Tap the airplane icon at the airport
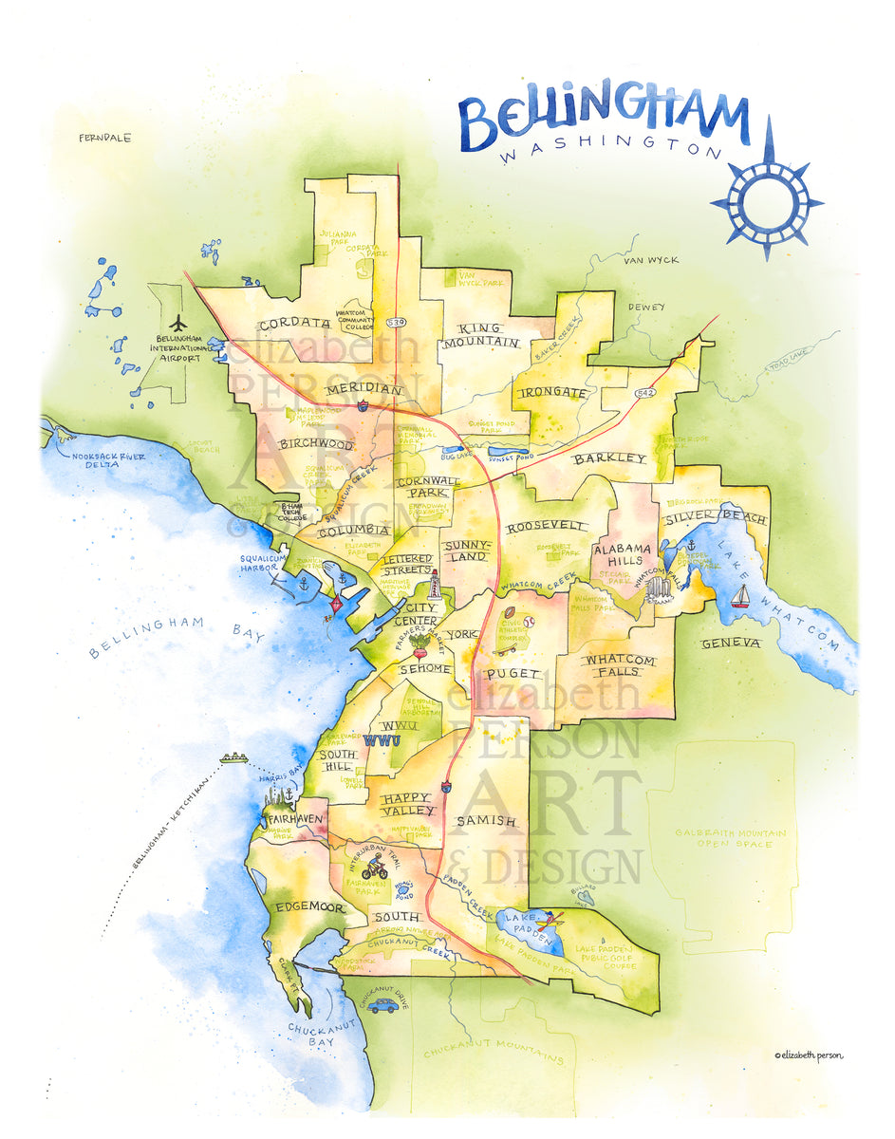(x=177, y=323)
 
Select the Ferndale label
(x=105, y=138)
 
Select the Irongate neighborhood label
(x=553, y=391)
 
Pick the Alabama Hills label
(x=623, y=555)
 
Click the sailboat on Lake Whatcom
(x=739, y=596)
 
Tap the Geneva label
(x=731, y=644)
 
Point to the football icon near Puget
(x=510, y=614)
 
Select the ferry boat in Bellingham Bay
(x=233, y=757)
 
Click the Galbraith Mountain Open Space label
(x=730, y=838)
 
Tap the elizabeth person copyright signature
(x=808, y=1055)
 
